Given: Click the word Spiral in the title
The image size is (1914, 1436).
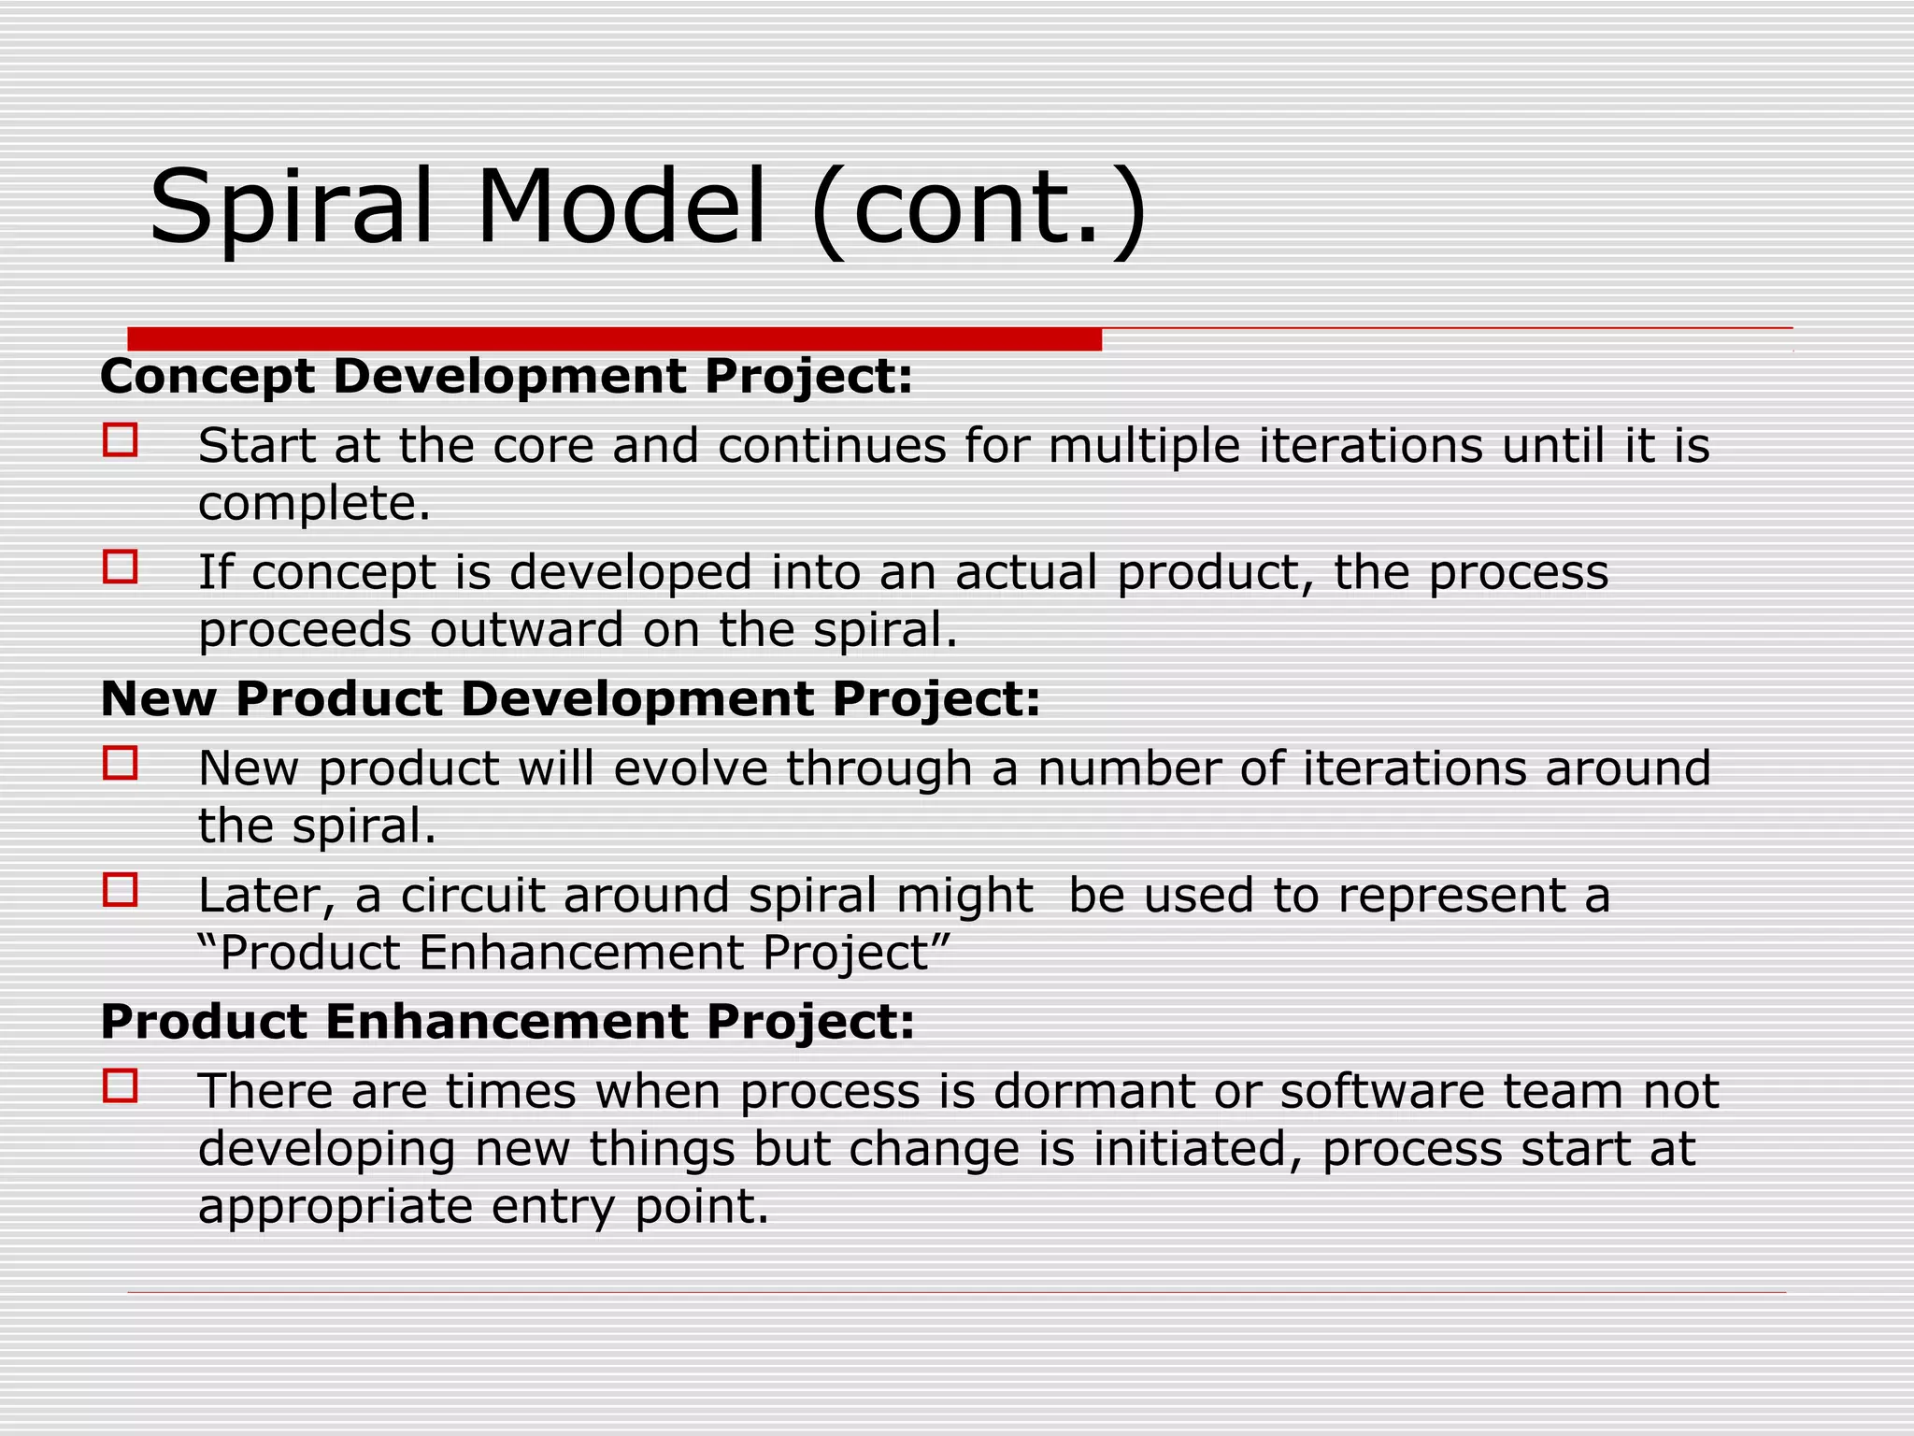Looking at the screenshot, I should coord(292,208).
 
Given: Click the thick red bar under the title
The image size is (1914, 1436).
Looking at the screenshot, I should coord(614,338).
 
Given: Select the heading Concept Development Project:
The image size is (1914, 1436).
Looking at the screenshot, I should coord(506,377).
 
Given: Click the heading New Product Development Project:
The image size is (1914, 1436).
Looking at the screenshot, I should coord(570,699).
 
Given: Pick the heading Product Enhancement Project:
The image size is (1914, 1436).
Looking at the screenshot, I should coord(507,1022).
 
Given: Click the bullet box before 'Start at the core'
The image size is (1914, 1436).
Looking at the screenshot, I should coord(121,439).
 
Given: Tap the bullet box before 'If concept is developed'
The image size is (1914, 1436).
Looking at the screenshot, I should coord(121,567).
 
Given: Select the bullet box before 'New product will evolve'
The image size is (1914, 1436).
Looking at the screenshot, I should coord(121,763).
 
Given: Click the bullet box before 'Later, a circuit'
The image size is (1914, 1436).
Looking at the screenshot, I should coord(121,890).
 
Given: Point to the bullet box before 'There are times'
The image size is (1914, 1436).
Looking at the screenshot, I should coord(121,1086).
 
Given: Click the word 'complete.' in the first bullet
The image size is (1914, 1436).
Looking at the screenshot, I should coord(314,505).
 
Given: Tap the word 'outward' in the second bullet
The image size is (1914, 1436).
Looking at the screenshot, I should coord(527,630).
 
